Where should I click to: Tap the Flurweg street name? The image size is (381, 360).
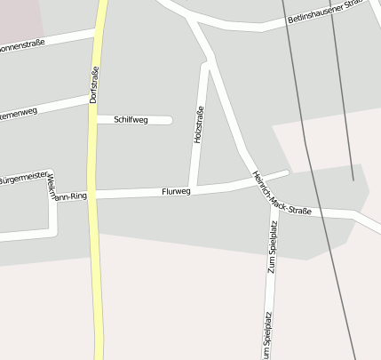[177, 191]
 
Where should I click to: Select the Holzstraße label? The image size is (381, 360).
[199, 125]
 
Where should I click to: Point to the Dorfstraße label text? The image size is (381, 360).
[94, 84]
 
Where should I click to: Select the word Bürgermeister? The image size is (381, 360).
[24, 179]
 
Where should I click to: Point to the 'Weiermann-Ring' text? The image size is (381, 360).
[67, 188]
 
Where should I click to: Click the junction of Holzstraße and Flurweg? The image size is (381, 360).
[193, 188]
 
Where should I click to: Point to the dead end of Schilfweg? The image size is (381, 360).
[170, 120]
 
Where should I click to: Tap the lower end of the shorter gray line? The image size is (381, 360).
[353, 180]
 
